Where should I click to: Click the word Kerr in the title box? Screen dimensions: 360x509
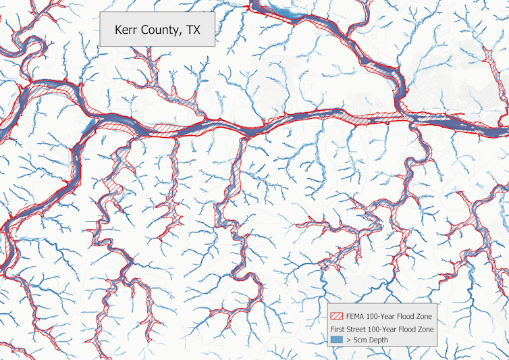(127, 30)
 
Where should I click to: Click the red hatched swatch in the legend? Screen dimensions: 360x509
(336, 315)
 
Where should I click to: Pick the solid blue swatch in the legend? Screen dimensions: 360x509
(336, 340)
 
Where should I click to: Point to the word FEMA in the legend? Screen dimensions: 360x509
(356, 315)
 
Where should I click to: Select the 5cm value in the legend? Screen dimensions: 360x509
(363, 340)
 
